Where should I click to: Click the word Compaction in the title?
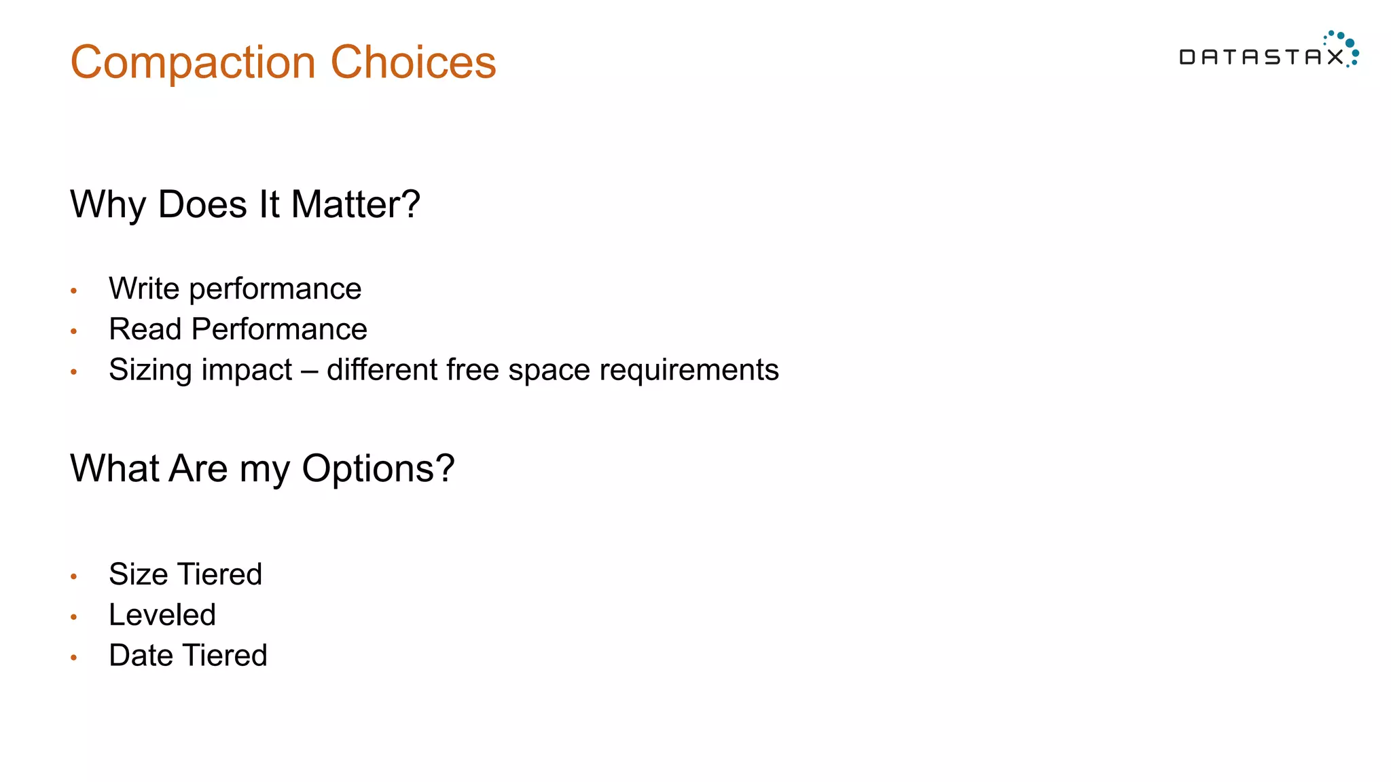193,63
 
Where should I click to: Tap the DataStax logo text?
1261,57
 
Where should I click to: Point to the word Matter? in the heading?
355,204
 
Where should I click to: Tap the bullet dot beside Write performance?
74,291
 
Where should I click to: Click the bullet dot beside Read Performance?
74,332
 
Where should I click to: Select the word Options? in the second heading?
378,469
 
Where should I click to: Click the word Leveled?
162,615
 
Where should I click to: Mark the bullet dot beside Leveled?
74,617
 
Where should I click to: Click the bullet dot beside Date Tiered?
74,658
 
